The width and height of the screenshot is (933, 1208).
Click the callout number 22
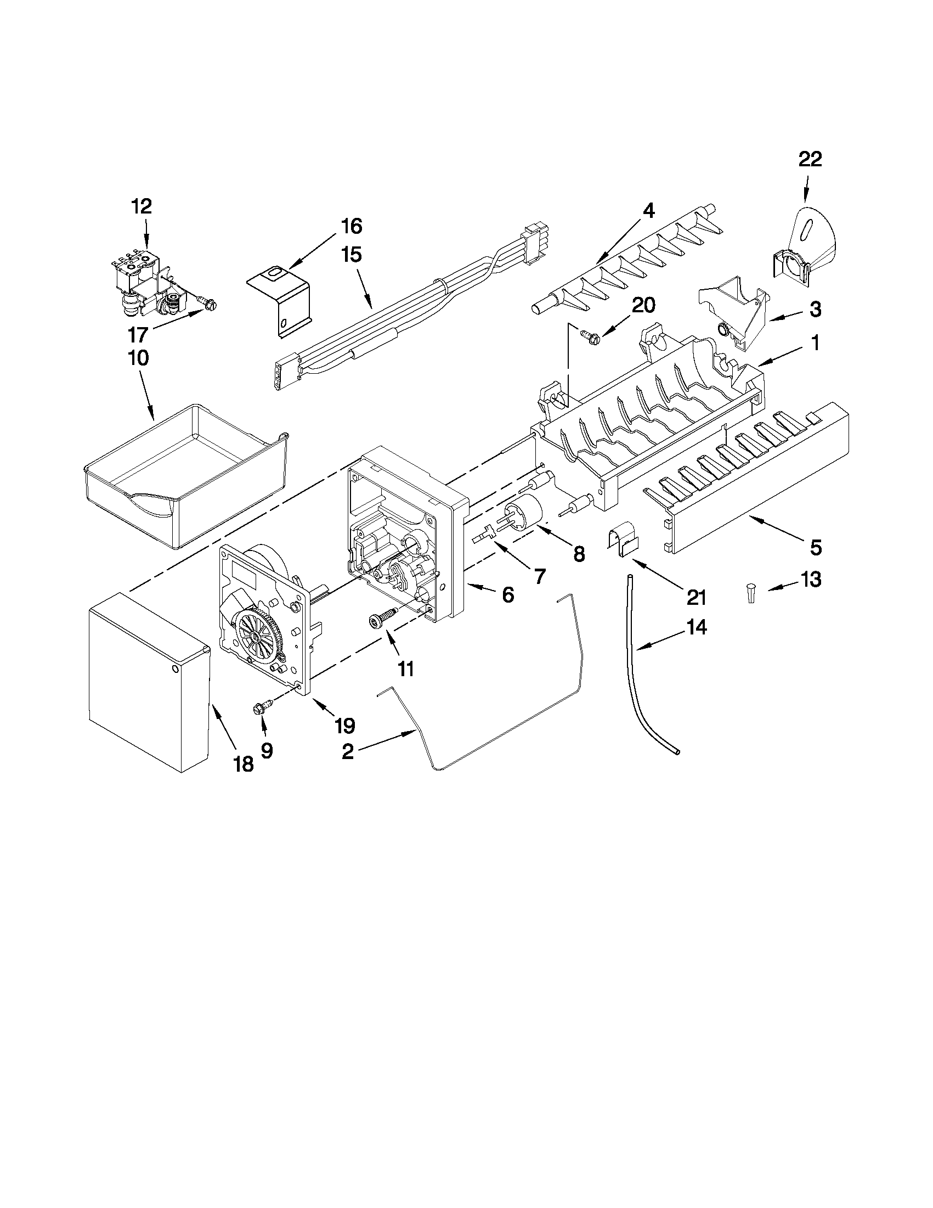810,159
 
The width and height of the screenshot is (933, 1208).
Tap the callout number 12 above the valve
141,206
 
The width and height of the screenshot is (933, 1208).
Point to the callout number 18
243,765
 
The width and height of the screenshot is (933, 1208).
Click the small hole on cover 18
175,669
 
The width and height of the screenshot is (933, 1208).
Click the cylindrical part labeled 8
522,505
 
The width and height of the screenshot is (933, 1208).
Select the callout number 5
816,548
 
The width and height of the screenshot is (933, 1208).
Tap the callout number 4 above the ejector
648,210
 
